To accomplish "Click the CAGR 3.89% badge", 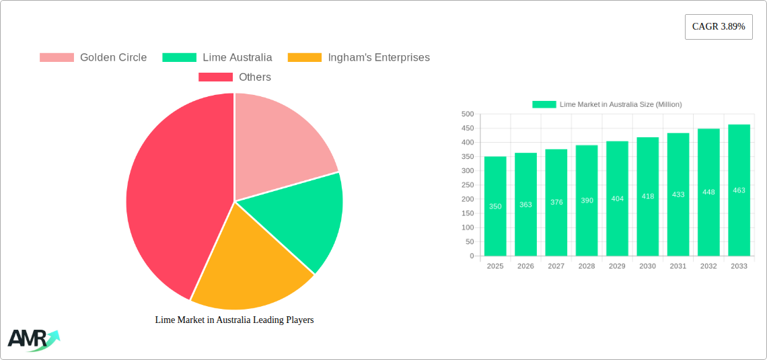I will tap(718, 27).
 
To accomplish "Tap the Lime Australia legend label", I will tap(237, 58).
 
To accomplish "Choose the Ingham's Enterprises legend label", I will tap(378, 58).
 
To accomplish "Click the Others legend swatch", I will tap(215, 77).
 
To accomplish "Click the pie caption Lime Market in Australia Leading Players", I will tap(234, 320).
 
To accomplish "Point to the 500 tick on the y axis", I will tap(467, 114).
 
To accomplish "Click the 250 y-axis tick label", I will tap(467, 185).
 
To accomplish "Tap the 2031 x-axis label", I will tap(678, 266).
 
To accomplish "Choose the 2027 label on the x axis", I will tap(556, 266).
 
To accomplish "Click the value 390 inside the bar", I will tap(587, 201).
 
